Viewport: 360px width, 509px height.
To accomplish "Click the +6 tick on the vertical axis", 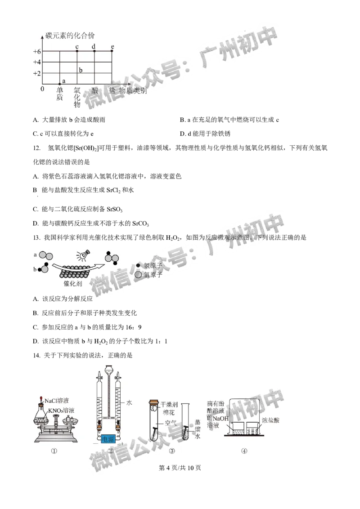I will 37,51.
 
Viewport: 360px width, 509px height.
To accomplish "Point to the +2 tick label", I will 37,73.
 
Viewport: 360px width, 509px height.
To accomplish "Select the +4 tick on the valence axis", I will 37,62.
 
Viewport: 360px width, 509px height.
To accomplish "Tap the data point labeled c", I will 77,51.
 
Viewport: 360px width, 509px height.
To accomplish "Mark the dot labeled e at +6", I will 112,51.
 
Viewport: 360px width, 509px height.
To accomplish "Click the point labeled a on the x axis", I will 60,84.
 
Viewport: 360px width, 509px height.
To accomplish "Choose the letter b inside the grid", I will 81,70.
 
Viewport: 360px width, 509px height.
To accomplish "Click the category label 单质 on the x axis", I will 60,94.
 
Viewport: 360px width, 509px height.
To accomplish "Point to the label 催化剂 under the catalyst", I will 72,284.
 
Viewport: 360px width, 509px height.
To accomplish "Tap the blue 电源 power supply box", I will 108,438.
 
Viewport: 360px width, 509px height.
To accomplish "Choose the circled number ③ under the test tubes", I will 171,451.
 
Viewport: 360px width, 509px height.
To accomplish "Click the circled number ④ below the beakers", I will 244,451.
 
